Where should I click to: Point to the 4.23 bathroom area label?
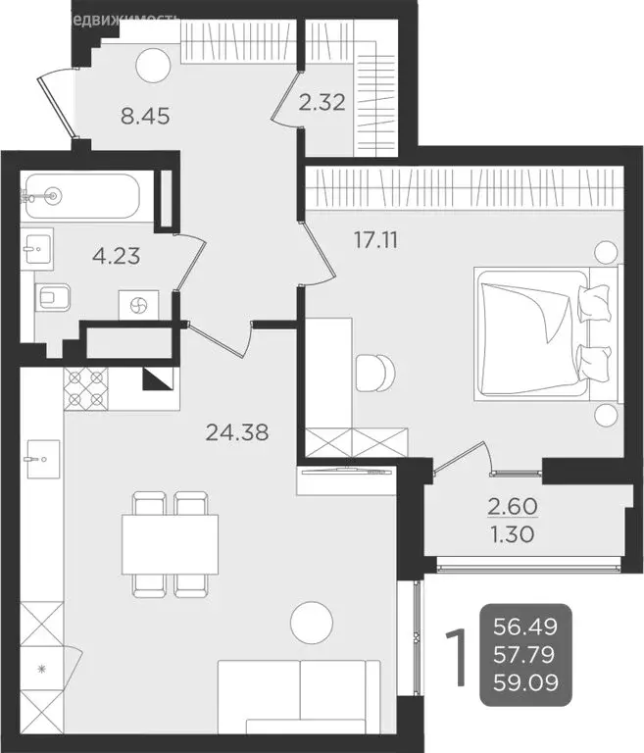pyautogui.click(x=115, y=257)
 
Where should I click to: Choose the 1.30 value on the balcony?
pyautogui.click(x=512, y=536)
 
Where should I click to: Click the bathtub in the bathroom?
pyautogui.click(x=82, y=196)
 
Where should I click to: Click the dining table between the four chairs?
pyautogui.click(x=170, y=545)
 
